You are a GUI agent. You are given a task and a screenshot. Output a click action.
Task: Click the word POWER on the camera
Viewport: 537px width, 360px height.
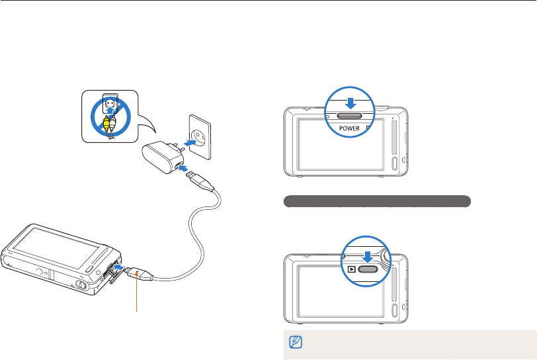point(351,127)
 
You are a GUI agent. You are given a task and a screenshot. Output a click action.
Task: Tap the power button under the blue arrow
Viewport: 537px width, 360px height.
point(350,114)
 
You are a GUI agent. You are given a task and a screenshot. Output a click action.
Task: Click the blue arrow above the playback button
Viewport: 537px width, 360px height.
point(367,256)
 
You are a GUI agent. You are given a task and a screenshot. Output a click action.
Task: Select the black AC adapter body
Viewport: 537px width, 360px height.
point(159,154)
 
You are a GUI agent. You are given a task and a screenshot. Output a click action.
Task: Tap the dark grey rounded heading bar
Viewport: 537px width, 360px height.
point(377,201)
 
